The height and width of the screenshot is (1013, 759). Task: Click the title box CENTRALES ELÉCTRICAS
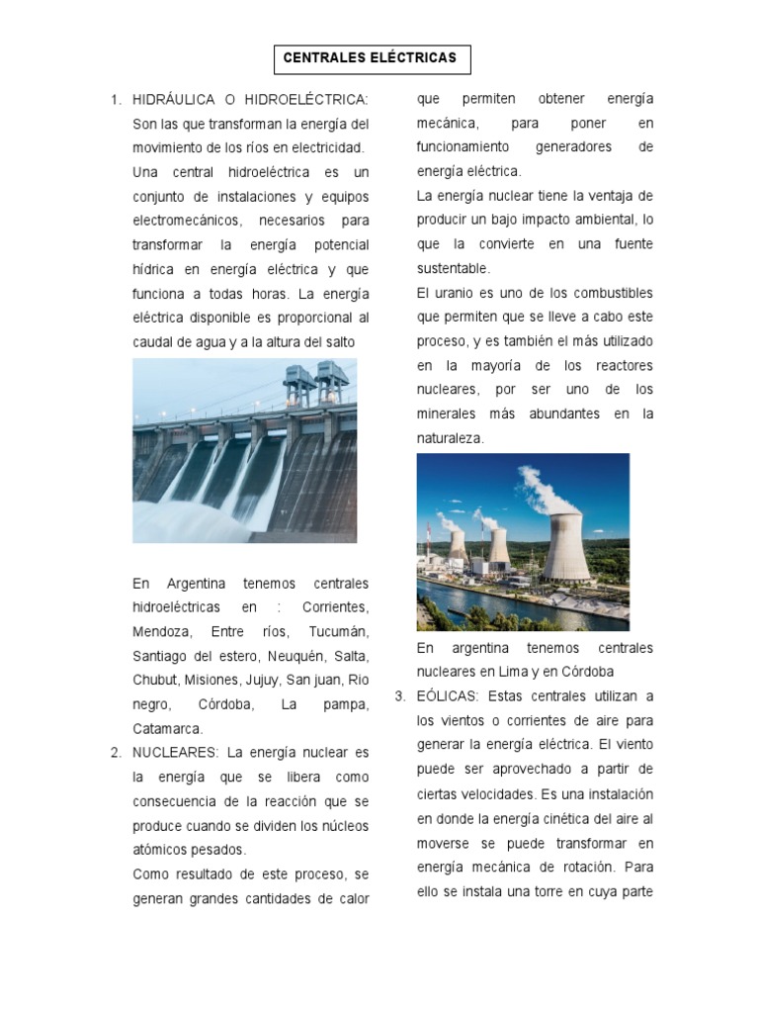[x=371, y=58]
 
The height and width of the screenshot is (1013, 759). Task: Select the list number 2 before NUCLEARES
[x=115, y=753]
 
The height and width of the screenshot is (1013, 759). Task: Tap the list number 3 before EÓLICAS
[x=399, y=696]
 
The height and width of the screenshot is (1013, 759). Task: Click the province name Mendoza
[x=161, y=632]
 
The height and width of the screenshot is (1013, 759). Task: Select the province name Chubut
[x=155, y=681]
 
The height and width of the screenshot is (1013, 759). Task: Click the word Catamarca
[x=167, y=729]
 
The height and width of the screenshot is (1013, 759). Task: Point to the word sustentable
[x=453, y=268]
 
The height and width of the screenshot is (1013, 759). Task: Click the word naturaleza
[x=451, y=438]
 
